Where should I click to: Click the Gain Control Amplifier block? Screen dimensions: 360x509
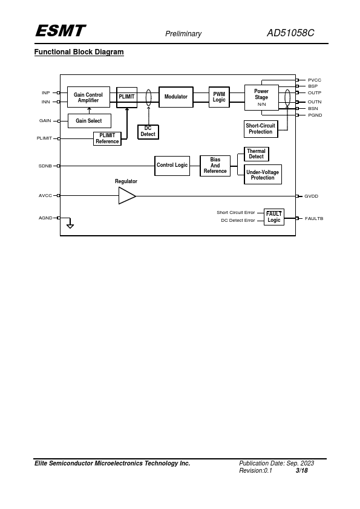pos(88,97)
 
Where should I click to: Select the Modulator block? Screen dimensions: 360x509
pos(176,97)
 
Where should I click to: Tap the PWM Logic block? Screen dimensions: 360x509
pos(219,97)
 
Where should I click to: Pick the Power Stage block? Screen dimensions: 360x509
pos(261,97)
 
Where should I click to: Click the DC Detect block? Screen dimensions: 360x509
pos(148,132)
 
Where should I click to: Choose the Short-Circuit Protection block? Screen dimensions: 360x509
pos(261,129)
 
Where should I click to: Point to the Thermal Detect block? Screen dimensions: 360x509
pos(257,154)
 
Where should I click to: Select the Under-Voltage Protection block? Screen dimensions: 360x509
pos(263,175)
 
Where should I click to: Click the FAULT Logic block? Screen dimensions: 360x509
pos(274,217)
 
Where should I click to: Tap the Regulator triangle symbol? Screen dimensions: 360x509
pos(126,196)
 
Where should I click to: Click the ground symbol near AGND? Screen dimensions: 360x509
pos(70,226)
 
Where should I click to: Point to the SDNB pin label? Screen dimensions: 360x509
pos(45,166)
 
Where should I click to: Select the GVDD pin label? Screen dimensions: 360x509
pos(311,196)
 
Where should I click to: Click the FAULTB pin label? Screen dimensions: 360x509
pos(314,218)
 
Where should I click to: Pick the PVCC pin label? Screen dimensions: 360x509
pos(315,80)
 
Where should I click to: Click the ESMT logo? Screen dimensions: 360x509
pos(61,31)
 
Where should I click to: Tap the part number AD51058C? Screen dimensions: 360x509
pos(290,33)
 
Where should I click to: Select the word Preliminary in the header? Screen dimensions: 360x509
pos(183,34)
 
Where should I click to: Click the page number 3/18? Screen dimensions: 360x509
pos(301,470)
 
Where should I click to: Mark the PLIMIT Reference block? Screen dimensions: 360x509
pos(107,138)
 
